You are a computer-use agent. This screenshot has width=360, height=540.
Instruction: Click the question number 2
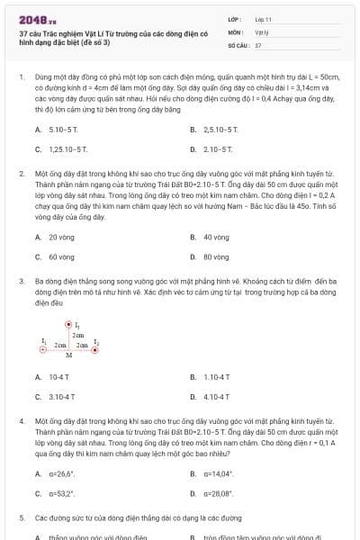tap(22, 172)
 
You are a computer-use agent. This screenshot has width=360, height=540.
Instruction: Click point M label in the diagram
tap(69, 355)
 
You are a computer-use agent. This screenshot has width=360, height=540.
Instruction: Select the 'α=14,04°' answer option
tap(219, 472)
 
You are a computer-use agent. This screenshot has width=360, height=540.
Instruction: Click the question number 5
tap(22, 518)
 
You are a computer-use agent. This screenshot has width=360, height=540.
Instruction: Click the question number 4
tap(22, 420)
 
